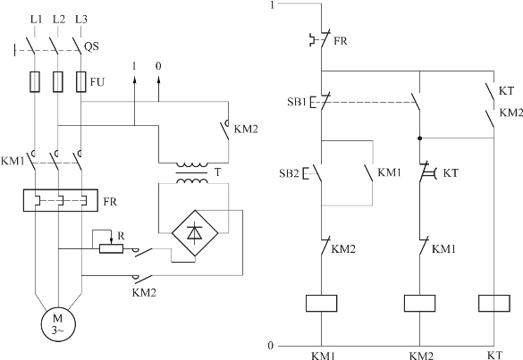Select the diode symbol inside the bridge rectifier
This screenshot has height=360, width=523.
(x=195, y=232)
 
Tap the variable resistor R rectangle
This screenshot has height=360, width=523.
(x=111, y=248)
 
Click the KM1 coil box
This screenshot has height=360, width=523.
(x=321, y=303)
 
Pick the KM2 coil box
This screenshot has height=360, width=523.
(x=419, y=303)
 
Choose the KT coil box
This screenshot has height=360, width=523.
(x=494, y=303)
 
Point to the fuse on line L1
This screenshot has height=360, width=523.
(x=35, y=81)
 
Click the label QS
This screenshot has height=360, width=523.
(x=91, y=46)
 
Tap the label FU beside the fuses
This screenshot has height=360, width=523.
(x=97, y=81)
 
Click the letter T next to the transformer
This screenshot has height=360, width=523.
(x=217, y=172)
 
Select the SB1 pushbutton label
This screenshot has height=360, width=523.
(x=297, y=102)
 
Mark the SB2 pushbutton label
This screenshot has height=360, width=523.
(x=289, y=173)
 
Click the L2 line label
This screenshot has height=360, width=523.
(x=59, y=19)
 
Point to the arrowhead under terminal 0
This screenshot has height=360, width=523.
(x=158, y=80)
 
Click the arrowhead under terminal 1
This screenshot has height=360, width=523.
(x=134, y=80)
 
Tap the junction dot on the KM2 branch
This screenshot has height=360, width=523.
(x=419, y=138)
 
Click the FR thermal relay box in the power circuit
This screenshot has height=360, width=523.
(x=61, y=200)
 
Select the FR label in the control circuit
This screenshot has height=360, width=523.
(x=341, y=41)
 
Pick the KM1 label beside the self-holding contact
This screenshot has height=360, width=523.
(x=389, y=172)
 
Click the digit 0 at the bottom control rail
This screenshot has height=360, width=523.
(x=271, y=346)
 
